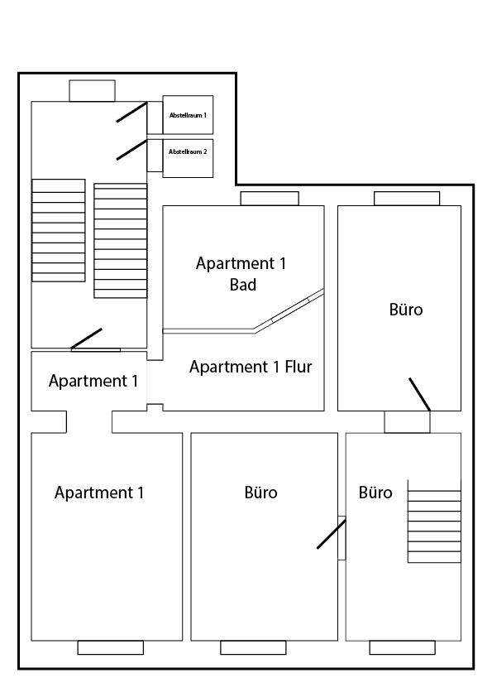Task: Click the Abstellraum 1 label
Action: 188,114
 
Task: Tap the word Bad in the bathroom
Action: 242,285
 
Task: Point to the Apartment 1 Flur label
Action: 251,367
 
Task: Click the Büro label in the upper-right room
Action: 405,310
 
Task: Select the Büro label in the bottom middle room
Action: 261,493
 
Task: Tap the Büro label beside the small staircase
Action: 375,493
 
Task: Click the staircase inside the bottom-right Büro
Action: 434,522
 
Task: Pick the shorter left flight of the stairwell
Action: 58,230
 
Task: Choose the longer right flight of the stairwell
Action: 121,240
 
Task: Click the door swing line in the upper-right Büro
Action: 420,394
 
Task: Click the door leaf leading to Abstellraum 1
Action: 131,112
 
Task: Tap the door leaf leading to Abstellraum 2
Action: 131,149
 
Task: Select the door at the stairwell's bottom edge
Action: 86,339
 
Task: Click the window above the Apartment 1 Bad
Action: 270,199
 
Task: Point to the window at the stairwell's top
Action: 92,91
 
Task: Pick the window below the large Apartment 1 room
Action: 110,647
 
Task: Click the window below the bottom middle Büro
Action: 253,647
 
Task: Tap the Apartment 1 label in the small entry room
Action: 93,382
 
